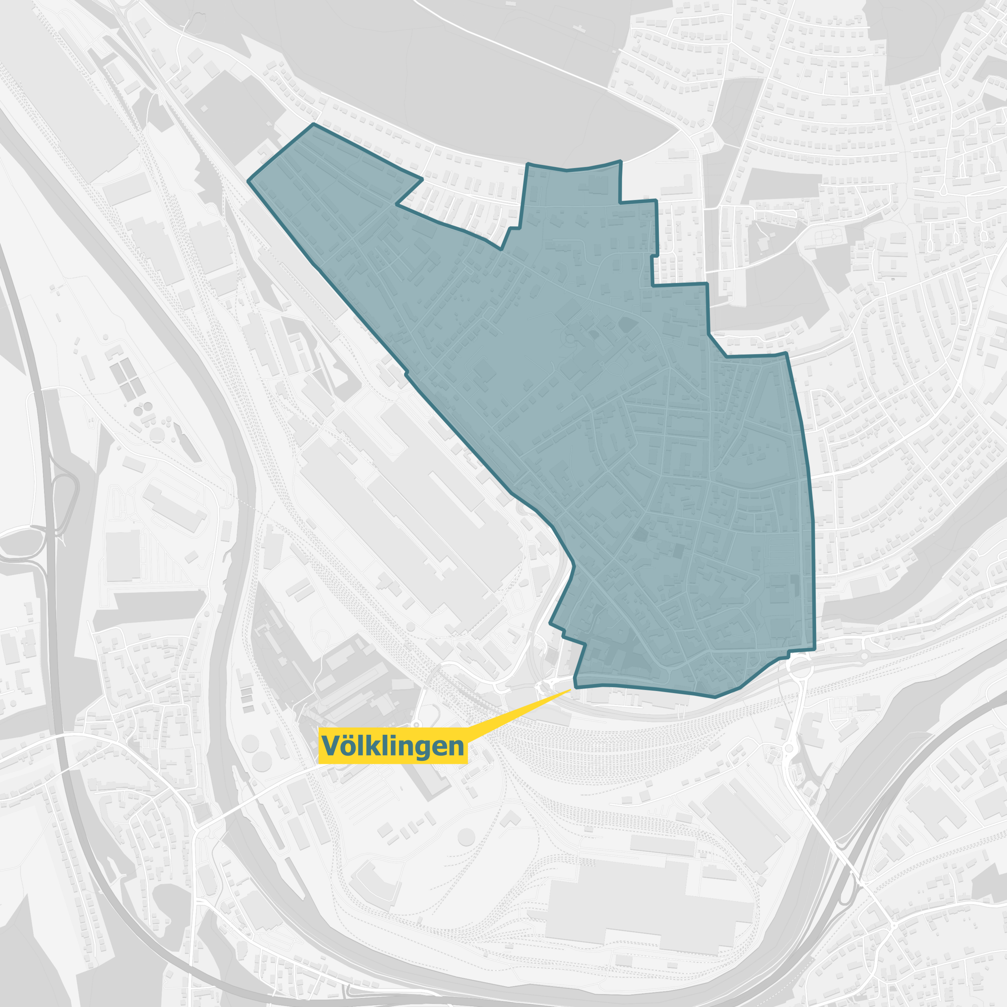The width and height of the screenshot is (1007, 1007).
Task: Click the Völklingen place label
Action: coord(393,746)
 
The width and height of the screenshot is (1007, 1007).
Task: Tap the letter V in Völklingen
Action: coord(330,746)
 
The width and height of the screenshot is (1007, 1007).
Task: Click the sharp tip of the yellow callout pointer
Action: coord(571,690)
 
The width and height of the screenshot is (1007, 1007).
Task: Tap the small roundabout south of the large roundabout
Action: coord(789,749)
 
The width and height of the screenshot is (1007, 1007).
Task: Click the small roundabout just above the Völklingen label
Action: coord(416,725)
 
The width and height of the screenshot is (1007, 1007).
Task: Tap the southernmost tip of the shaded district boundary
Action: coord(715,697)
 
